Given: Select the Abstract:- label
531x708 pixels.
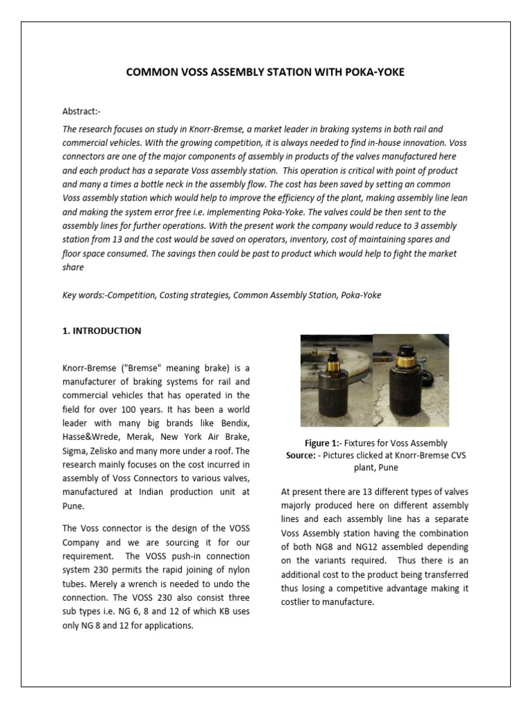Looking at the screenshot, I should pos(82,111).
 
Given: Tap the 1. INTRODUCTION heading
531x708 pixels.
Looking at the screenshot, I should pos(102,330).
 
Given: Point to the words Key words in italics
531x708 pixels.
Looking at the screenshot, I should pos(84,295).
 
